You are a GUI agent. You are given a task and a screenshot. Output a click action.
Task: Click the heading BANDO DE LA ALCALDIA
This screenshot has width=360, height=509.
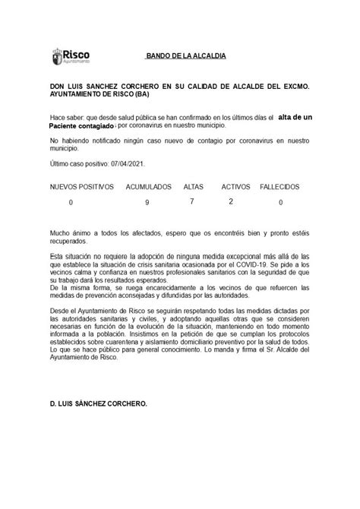pyautogui.click(x=185, y=58)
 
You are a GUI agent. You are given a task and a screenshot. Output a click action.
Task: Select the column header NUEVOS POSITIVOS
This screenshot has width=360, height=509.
pyautogui.click(x=82, y=186)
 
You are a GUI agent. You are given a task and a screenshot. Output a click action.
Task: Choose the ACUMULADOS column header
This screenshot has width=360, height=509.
pyautogui.click(x=149, y=186)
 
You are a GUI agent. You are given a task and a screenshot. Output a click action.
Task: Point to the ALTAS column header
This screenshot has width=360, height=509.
pyautogui.click(x=194, y=186)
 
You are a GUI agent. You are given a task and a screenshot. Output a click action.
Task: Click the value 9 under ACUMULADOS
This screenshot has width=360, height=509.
pyautogui.click(x=147, y=203)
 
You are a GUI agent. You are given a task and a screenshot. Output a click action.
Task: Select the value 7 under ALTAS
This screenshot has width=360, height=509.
pyautogui.click(x=192, y=201)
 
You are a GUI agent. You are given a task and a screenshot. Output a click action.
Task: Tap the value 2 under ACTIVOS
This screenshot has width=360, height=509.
pyautogui.click(x=231, y=201)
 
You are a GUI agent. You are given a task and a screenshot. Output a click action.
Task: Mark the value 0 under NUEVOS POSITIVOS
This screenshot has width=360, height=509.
pyautogui.click(x=71, y=203)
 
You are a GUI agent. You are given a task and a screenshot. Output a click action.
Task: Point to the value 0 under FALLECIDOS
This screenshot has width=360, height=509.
pyautogui.click(x=280, y=203)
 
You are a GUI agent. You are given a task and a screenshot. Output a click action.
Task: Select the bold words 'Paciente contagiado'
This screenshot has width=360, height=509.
pyautogui.click(x=81, y=127)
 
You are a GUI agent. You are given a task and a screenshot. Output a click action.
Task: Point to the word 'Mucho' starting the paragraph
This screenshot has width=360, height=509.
pyautogui.click(x=61, y=232)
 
